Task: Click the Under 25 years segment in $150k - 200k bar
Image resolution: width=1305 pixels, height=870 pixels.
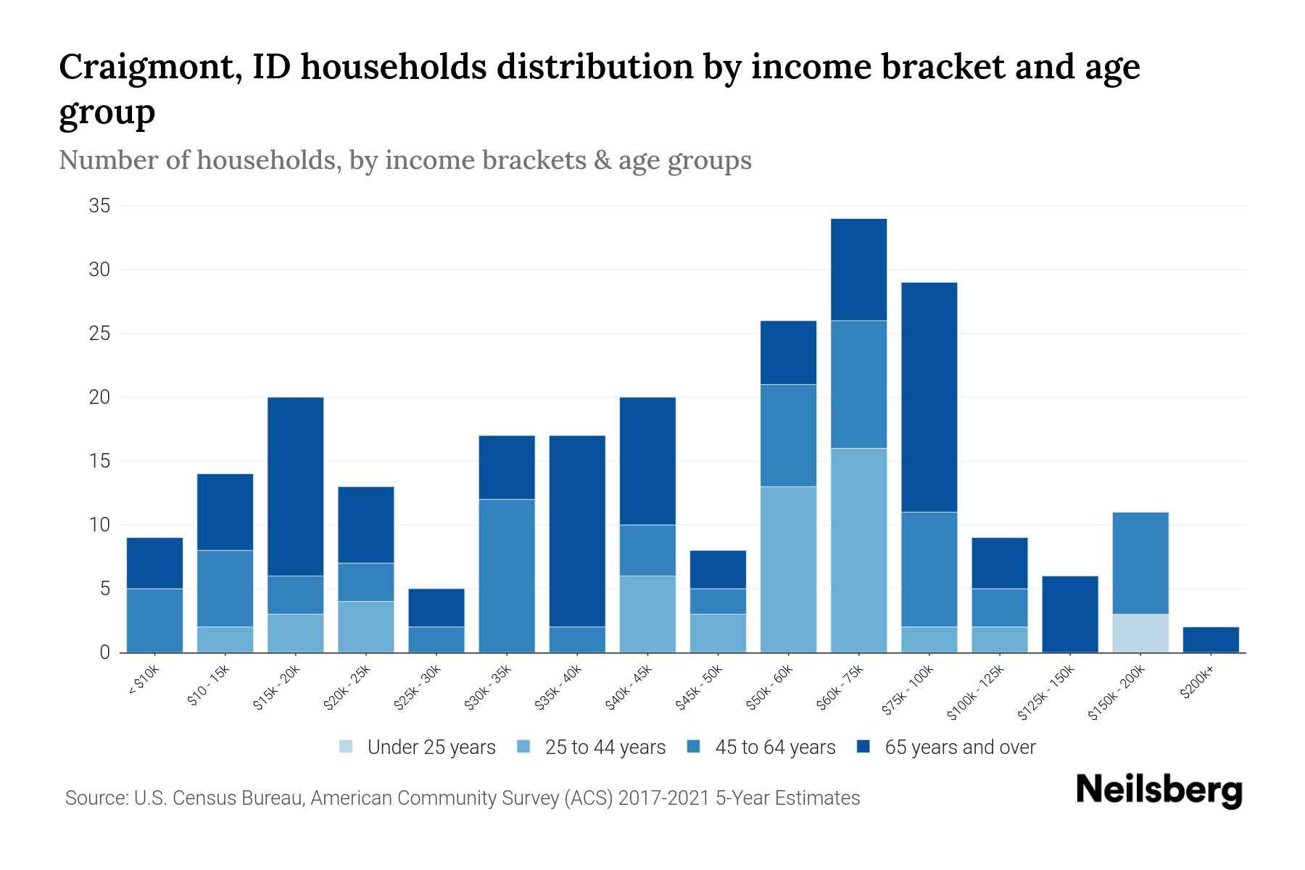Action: point(1140,633)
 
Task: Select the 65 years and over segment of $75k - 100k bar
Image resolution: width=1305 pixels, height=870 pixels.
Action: point(929,397)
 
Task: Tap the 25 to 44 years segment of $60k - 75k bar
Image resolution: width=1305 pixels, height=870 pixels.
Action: point(858,550)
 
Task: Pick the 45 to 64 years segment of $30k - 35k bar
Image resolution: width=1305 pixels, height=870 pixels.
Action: point(507,576)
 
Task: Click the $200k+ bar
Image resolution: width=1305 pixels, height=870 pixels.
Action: point(1211,639)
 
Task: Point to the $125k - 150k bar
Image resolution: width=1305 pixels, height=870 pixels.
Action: point(1070,614)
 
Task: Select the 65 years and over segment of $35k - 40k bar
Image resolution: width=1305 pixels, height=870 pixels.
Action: point(577,531)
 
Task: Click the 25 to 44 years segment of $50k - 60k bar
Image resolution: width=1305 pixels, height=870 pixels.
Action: point(788,569)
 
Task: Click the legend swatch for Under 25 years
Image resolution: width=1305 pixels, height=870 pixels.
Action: point(347,747)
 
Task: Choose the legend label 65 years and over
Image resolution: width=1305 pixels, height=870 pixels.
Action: point(960,747)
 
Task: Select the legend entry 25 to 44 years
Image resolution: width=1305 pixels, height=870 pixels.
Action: point(605,747)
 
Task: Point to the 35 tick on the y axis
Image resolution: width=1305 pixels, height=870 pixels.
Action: point(99,207)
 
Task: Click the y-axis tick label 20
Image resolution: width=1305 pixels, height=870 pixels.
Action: point(99,397)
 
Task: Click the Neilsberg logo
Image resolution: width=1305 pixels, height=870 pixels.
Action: point(1159,790)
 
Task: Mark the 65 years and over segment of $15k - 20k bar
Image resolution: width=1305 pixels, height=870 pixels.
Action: point(296,486)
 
